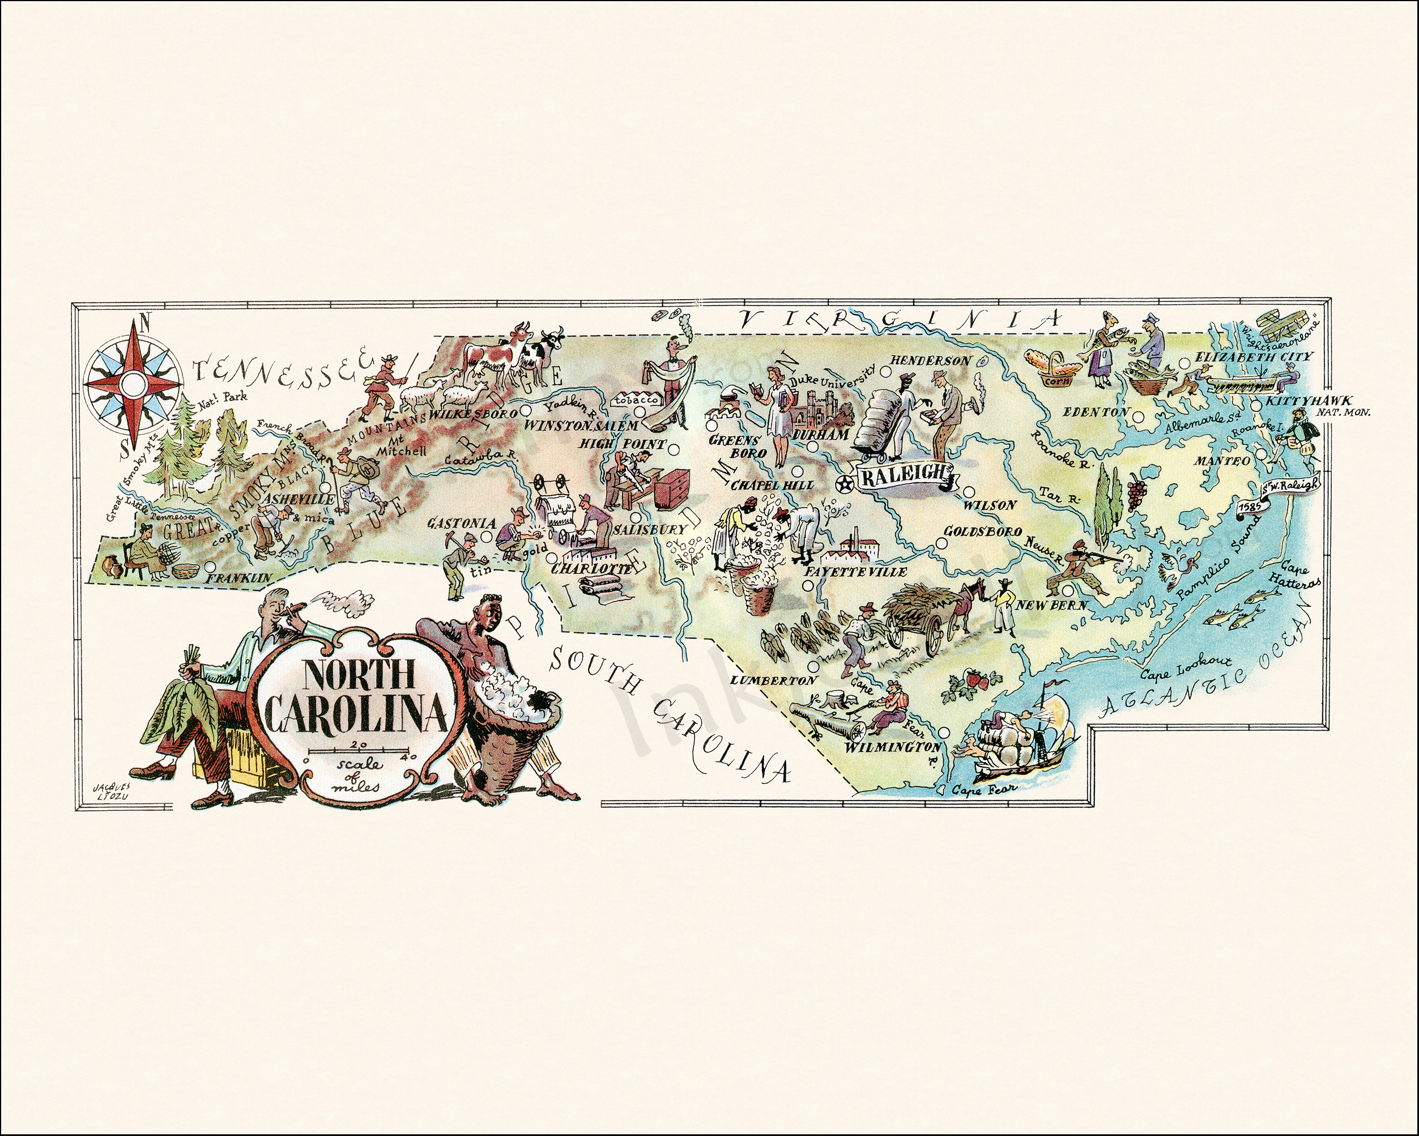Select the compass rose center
point(131,381)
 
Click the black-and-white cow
point(543,355)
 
